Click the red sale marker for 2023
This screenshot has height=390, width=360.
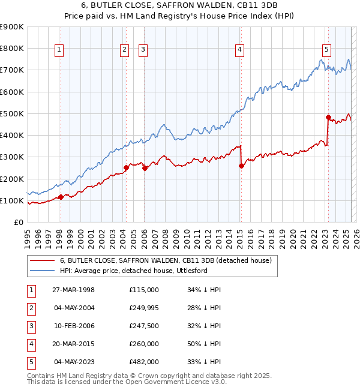pyautogui.click(x=328, y=117)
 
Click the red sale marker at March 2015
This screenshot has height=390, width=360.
pyautogui.click(x=241, y=166)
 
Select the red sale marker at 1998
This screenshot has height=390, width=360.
pyautogui.click(x=61, y=197)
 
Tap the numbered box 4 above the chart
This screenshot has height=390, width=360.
pyautogui.click(x=239, y=50)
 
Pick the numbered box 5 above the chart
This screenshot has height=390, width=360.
pyautogui.click(x=326, y=50)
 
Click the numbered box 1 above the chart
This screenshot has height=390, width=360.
pyautogui.click(x=59, y=50)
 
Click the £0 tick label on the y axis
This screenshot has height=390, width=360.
pyautogui.click(x=19, y=222)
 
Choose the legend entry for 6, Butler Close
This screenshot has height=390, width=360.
pyautogui.click(x=166, y=260)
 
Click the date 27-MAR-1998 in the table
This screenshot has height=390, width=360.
pyautogui.click(x=74, y=290)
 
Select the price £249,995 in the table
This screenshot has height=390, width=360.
pyautogui.click(x=144, y=308)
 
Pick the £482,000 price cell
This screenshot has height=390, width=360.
pyautogui.click(x=144, y=362)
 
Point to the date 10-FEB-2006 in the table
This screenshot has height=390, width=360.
pyautogui.click(x=74, y=326)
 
